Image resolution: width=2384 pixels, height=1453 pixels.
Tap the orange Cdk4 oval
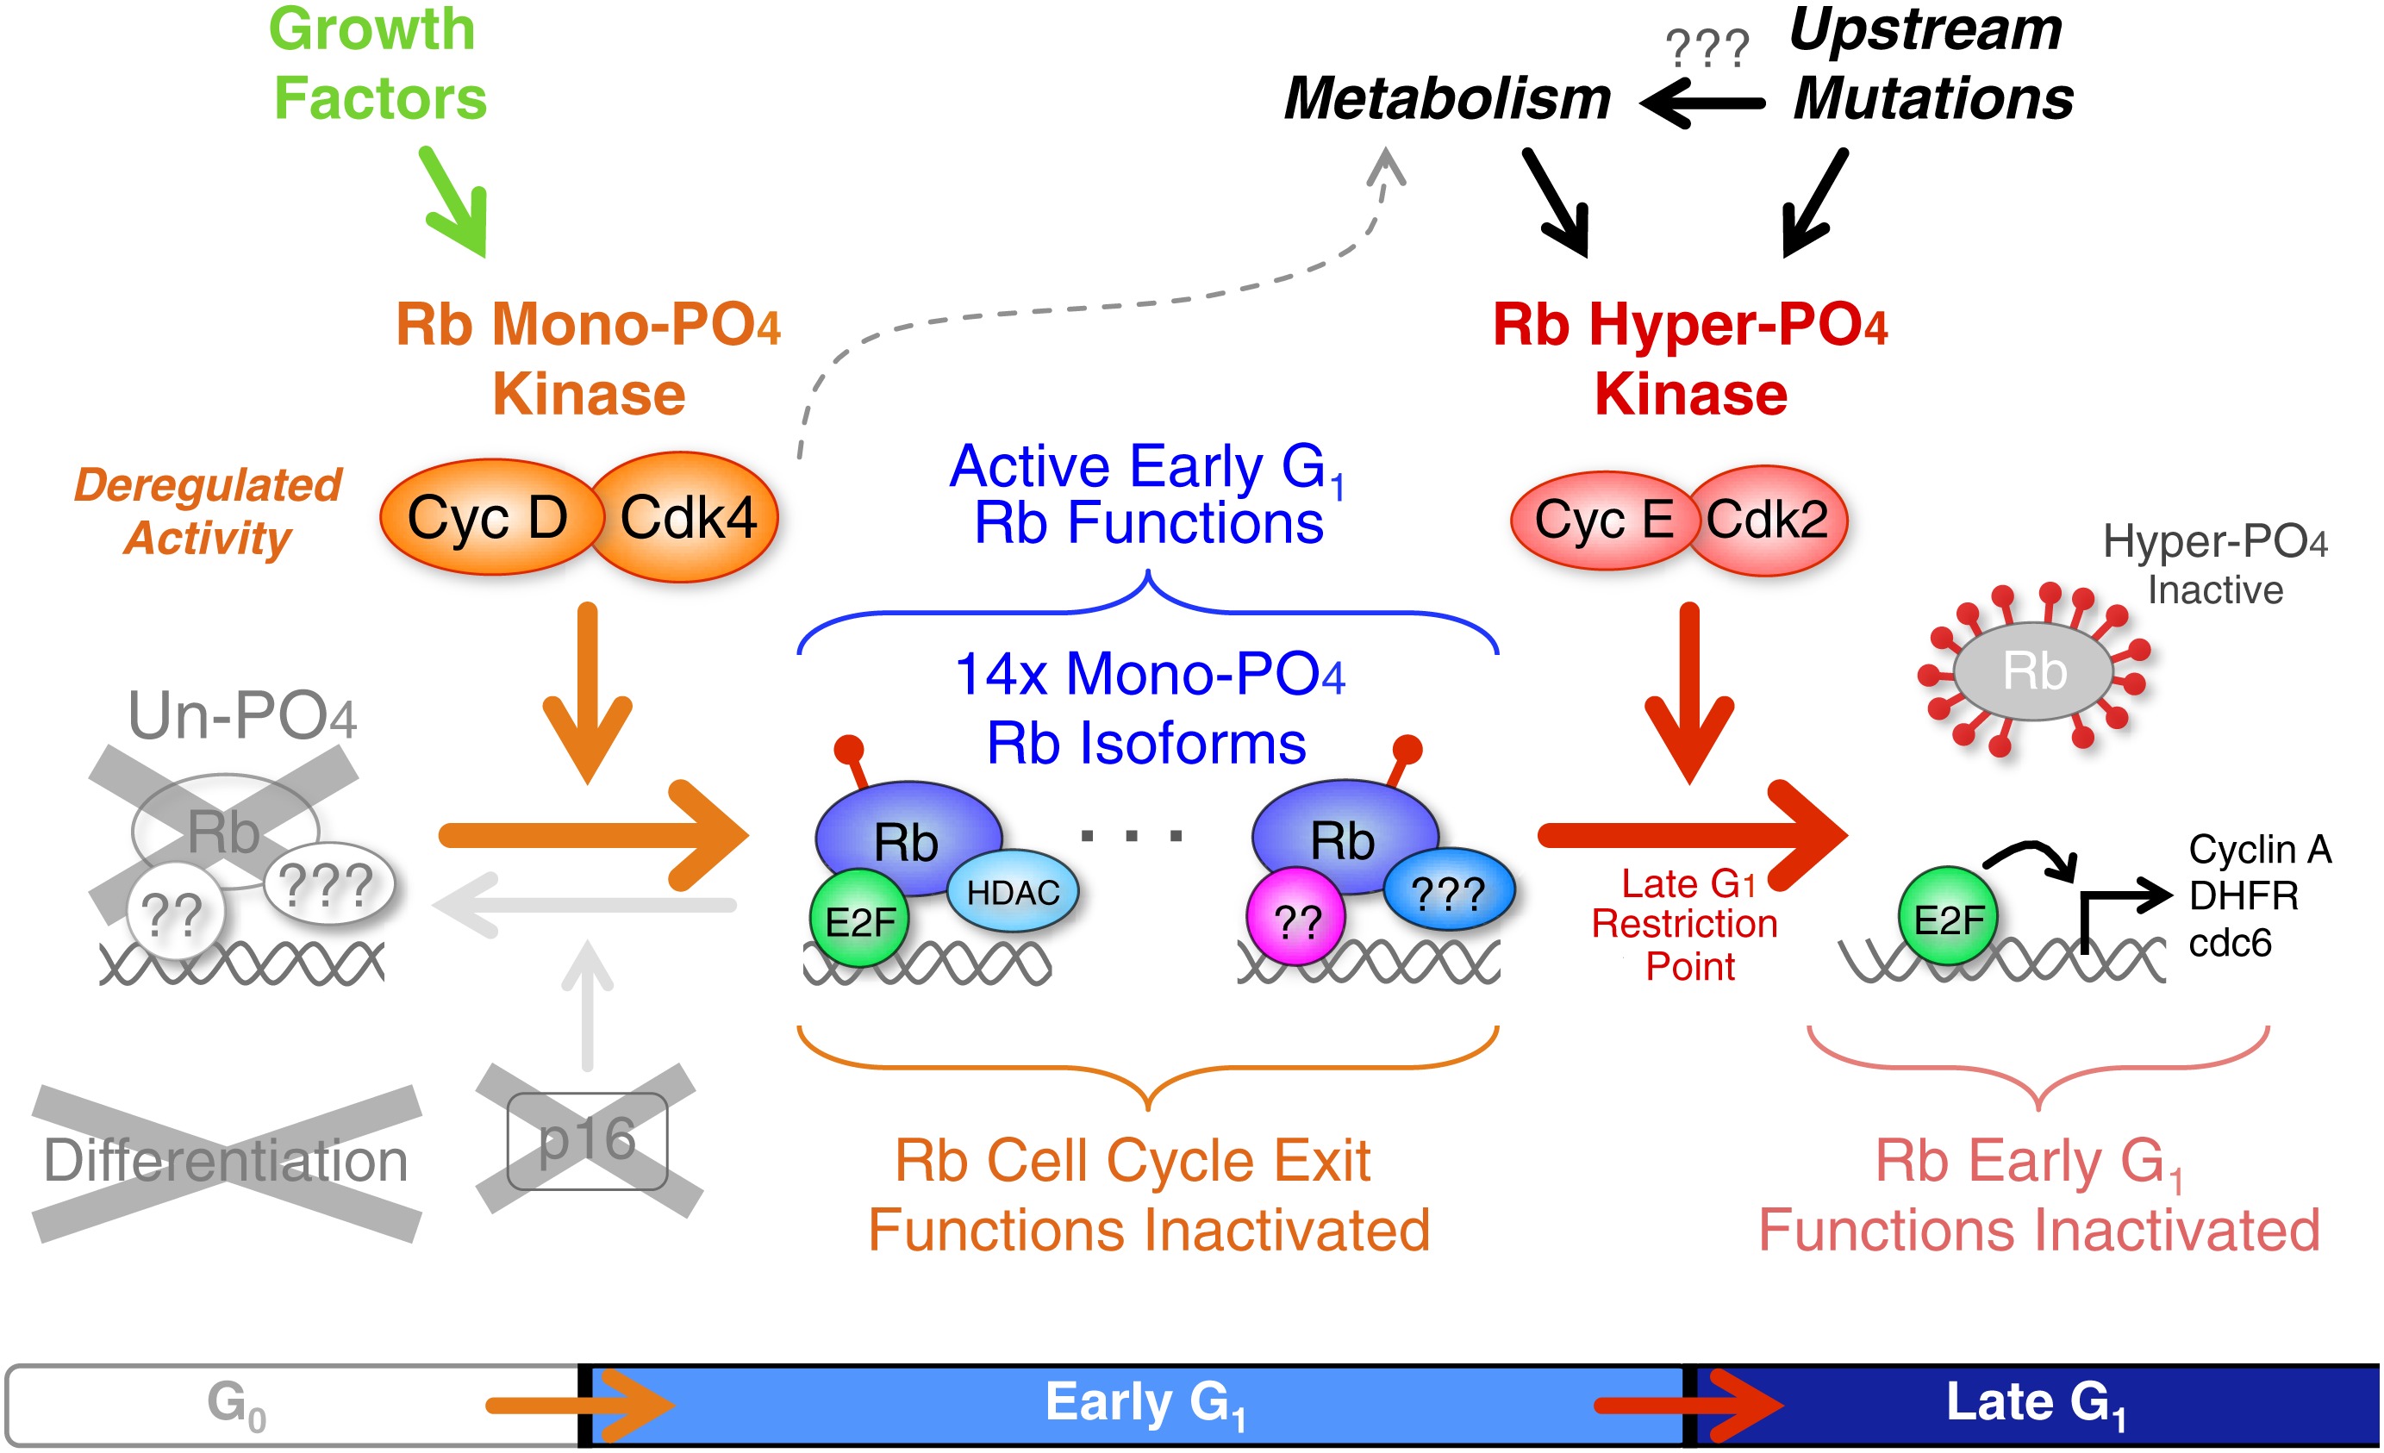pyautogui.click(x=687, y=518)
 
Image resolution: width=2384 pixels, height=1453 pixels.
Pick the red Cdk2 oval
pyautogui.click(x=1768, y=521)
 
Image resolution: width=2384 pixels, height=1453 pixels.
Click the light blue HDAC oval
pyautogui.click(x=1013, y=892)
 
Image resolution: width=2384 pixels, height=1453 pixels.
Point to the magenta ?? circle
pyautogui.click(x=1296, y=919)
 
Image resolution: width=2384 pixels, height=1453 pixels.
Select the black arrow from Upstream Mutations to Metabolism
pyautogui.click(x=1703, y=102)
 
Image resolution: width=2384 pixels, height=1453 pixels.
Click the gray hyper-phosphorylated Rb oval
pyautogui.click(x=2034, y=671)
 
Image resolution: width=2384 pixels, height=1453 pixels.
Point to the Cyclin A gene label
pyautogui.click(x=2260, y=850)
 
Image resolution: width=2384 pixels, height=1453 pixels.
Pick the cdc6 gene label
pyautogui.click(x=2231, y=942)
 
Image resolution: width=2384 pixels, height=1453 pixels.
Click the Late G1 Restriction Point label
pyautogui.click(x=1688, y=925)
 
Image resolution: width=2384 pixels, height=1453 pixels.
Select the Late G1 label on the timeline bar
pyautogui.click(x=2036, y=1403)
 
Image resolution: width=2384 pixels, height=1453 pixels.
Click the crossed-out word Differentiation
pyautogui.click(x=227, y=1161)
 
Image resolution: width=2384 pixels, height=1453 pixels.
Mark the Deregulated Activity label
pyautogui.click(x=208, y=511)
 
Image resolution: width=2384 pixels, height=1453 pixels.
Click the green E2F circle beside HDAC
pyautogui.click(x=859, y=919)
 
